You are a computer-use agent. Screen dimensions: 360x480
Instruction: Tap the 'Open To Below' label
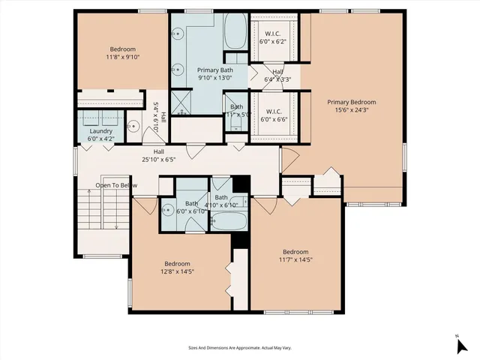tap(115, 185)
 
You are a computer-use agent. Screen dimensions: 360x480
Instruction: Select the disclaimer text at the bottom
tap(239, 348)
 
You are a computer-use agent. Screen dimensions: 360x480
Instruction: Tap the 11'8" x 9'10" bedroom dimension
tap(123, 56)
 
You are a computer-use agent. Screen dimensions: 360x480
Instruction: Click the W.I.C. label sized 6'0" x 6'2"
tap(273, 38)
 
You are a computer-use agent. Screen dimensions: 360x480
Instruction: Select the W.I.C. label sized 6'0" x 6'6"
tap(273, 114)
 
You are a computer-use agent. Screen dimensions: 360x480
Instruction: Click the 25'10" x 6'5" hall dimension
tap(178, 159)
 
